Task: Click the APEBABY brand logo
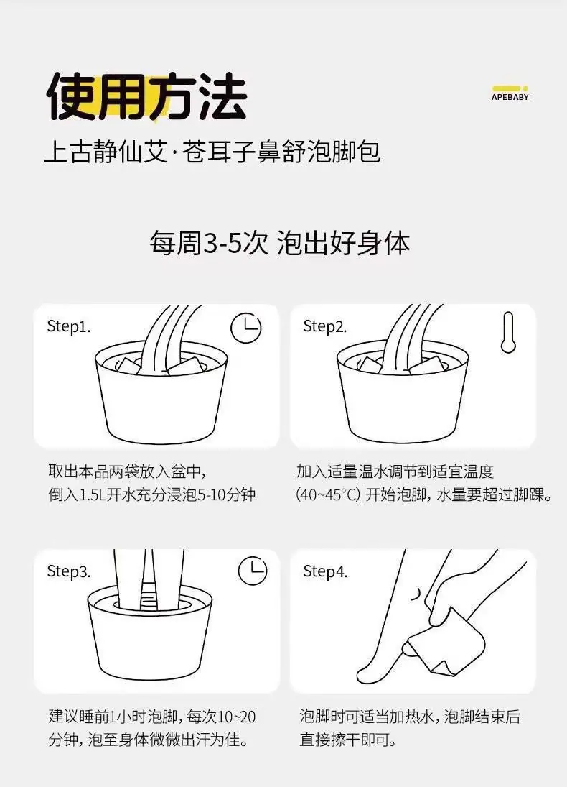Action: pos(510,94)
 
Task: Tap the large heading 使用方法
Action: pos(146,97)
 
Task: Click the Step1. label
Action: pos(69,326)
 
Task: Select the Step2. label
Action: pos(325,326)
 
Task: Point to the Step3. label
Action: pos(69,571)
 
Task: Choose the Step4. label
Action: pos(325,571)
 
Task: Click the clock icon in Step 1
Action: pos(245,328)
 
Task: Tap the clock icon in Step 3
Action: pos(252,571)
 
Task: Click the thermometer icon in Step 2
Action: pos(508,332)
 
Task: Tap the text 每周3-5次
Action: pos(209,244)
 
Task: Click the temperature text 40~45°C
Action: pos(328,495)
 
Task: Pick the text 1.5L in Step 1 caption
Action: pos(94,495)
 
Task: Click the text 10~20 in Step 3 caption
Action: pos(237,717)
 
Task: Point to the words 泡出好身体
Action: pos(343,244)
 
